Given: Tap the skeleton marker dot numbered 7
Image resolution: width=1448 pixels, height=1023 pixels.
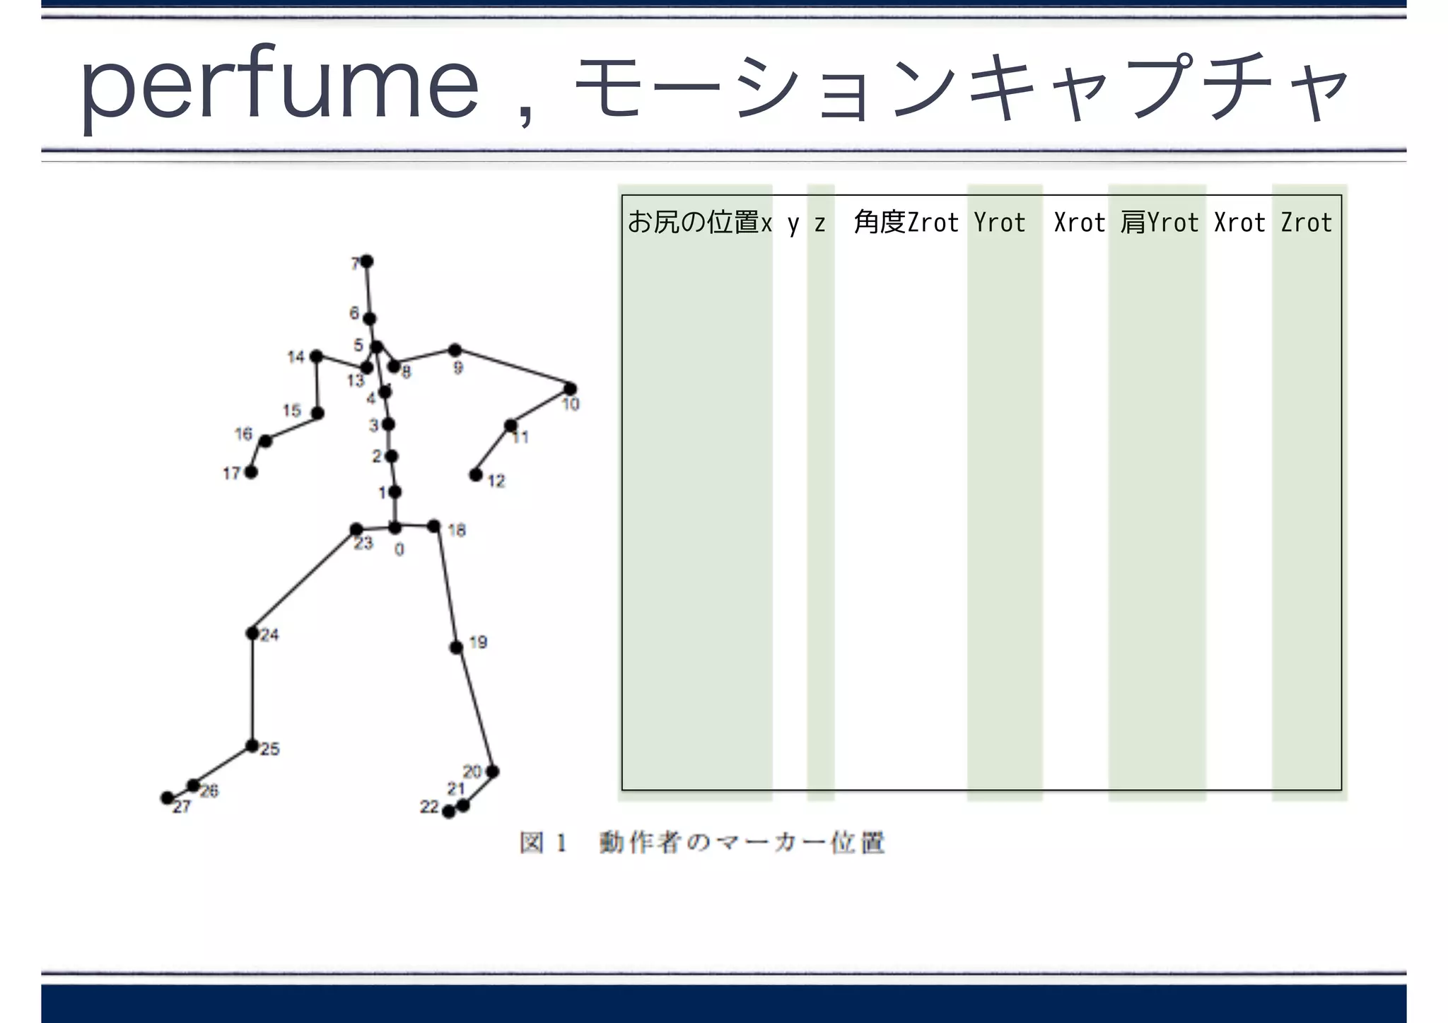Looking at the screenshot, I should tap(367, 262).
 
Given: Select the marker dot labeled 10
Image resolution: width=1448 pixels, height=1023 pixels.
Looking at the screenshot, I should tap(570, 388).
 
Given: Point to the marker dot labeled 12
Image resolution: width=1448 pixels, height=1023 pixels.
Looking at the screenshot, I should tap(476, 474).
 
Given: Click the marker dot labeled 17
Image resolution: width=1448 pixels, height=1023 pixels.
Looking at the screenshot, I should tap(251, 472).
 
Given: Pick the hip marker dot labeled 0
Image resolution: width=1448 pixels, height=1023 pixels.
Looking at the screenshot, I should tap(395, 527).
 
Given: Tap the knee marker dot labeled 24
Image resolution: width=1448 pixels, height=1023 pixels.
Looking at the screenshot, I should tap(252, 633).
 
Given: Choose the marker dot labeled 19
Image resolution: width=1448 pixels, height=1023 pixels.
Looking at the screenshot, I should tap(457, 647).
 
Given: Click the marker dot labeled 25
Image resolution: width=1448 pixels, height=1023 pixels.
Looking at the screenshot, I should tap(252, 745).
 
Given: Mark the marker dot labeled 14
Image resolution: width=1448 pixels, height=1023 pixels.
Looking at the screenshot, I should tap(316, 356).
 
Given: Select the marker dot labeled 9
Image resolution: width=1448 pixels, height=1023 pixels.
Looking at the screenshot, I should tap(455, 350).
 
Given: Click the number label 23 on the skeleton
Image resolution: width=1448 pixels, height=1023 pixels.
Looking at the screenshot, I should tap(363, 543).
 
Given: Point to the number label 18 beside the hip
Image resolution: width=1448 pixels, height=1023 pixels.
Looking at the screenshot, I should tap(457, 530).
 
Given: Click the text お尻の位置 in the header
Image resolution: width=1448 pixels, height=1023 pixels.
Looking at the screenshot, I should tap(693, 222).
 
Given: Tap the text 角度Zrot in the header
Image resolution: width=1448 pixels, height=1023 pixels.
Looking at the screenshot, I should tap(906, 222).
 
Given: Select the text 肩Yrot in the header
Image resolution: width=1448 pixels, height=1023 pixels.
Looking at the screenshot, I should tap(1160, 222).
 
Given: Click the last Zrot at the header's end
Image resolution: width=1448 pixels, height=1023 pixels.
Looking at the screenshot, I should tap(1307, 222).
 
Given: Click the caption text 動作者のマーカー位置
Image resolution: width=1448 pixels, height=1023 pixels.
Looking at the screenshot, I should tap(742, 843).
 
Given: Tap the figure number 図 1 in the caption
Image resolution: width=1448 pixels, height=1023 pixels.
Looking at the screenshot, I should tap(543, 843).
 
